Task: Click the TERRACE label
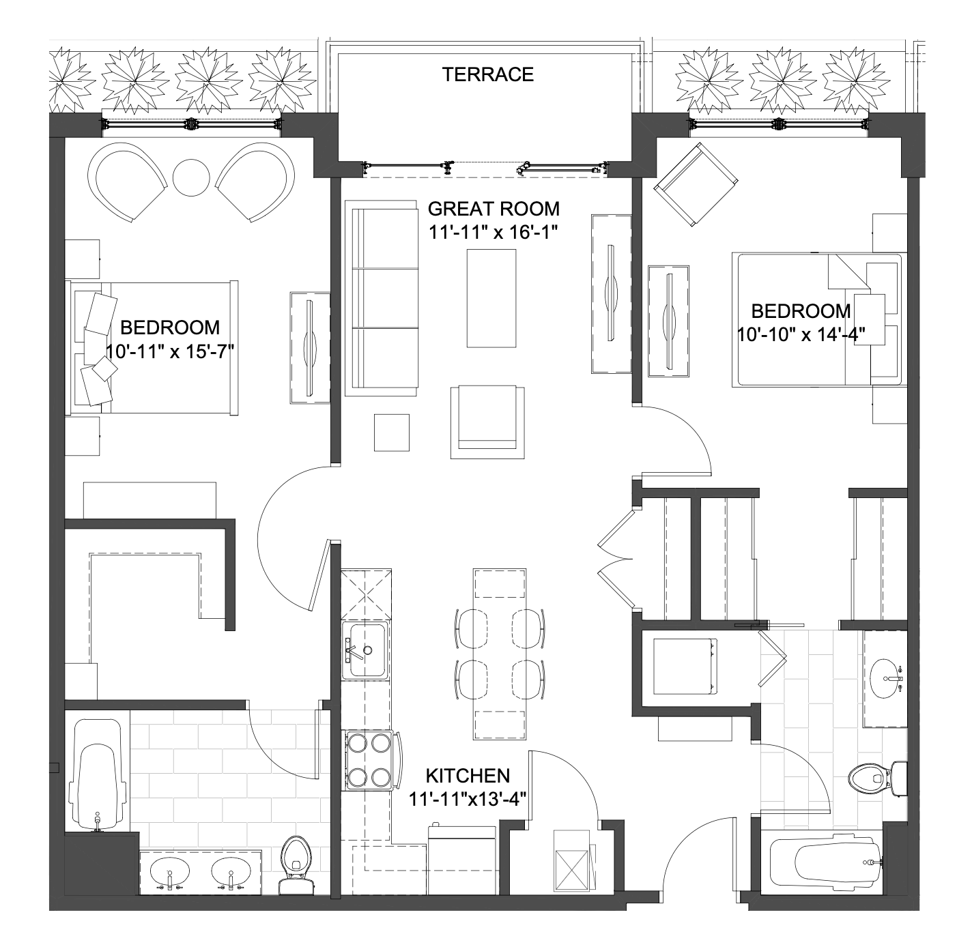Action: click(487, 74)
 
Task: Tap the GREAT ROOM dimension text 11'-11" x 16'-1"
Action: click(493, 232)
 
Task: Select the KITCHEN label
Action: click(468, 776)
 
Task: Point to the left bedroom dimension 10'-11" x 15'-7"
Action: click(170, 351)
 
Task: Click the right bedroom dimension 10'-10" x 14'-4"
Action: click(801, 334)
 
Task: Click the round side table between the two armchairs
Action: click(191, 177)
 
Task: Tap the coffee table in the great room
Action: click(491, 298)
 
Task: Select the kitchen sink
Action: click(366, 650)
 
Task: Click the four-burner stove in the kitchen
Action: click(371, 760)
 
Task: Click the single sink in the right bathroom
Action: click(887, 678)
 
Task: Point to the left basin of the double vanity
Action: click(169, 873)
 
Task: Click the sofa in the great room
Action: click(382, 298)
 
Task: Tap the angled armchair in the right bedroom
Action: click(696, 185)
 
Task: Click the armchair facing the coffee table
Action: click(487, 422)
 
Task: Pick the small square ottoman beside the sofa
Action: click(392, 433)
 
